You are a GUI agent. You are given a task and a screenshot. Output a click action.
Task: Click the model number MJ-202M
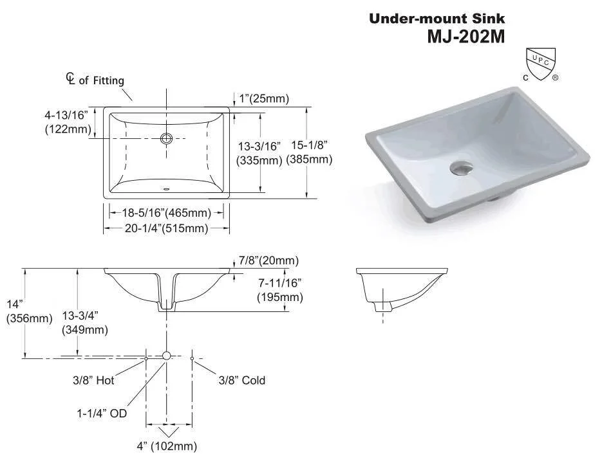[466, 36]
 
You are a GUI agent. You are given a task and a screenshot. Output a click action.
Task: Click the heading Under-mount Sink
[437, 19]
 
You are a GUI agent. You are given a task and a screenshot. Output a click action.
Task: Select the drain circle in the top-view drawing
[167, 138]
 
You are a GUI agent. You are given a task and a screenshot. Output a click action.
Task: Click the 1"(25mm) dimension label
[264, 98]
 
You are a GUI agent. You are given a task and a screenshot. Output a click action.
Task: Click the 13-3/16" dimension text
[259, 146]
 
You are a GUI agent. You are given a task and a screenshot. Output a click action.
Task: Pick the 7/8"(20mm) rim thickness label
[268, 260]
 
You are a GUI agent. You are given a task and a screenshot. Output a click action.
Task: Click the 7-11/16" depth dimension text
[279, 282]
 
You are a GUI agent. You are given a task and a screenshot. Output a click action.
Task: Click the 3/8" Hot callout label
[93, 380]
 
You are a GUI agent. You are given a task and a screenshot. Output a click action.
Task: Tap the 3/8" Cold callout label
[242, 380]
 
